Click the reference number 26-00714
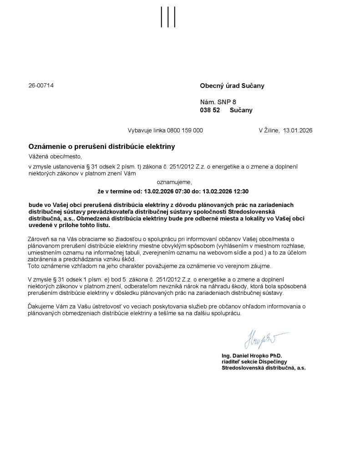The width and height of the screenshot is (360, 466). click(x=41, y=85)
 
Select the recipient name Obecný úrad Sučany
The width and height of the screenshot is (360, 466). click(x=232, y=86)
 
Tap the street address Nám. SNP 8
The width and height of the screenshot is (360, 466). click(x=218, y=102)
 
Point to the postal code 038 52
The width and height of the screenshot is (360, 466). click(x=210, y=110)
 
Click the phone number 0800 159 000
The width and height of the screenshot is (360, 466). click(x=185, y=130)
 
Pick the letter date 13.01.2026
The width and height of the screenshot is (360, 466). click(x=298, y=130)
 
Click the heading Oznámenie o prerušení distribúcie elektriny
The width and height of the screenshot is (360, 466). click(x=101, y=147)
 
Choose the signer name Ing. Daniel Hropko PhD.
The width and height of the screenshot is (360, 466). click(x=252, y=355)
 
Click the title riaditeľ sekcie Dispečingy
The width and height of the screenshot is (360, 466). click(x=252, y=361)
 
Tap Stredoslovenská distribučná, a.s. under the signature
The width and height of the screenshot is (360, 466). click(x=264, y=368)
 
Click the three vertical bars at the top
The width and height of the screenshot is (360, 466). click(x=168, y=17)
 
